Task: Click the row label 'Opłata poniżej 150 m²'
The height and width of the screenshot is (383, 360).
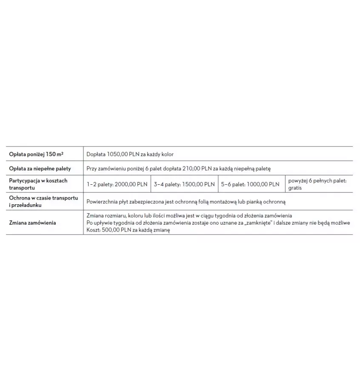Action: coord(36,154)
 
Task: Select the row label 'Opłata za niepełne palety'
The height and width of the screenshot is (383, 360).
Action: coord(40,169)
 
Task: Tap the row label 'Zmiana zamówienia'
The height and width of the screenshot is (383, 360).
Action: coord(32,223)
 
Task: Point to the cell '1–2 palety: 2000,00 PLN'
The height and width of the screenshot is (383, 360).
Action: coord(117,184)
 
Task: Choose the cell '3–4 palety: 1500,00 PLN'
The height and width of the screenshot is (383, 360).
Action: coord(184,184)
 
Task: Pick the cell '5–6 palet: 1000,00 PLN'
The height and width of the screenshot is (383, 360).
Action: coord(250,184)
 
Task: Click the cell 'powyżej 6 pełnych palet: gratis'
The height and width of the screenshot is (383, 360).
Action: coord(317,184)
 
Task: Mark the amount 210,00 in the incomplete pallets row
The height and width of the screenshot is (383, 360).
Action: coord(191,169)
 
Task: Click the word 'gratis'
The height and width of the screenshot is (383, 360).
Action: coord(295,188)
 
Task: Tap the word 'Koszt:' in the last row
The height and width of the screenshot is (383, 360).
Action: coord(93,230)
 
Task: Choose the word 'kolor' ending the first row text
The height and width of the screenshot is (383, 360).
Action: coord(167,154)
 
